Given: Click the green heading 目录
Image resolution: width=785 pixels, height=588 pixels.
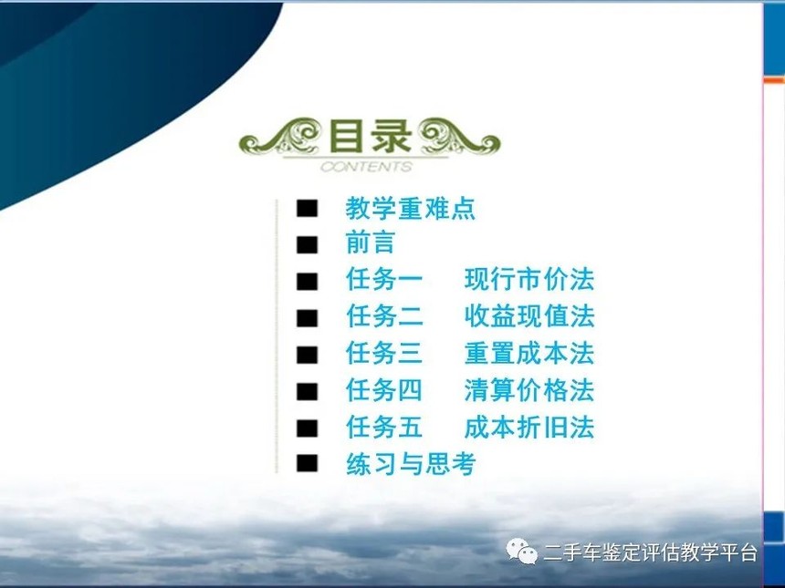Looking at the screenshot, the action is [x=370, y=136].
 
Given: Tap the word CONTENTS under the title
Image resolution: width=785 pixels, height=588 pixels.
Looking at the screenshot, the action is [x=366, y=167].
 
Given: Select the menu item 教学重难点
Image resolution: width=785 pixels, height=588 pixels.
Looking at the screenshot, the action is [x=410, y=208].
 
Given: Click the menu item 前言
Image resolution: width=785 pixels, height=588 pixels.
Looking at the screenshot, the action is [x=371, y=243].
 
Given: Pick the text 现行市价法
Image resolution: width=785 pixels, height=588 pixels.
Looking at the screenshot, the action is [x=529, y=279].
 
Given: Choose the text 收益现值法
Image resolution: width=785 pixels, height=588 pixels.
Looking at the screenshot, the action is [x=529, y=316].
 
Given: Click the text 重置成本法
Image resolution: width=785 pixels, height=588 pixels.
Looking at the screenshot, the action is [x=529, y=353].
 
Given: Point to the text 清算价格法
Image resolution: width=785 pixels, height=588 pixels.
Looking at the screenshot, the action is [x=529, y=390].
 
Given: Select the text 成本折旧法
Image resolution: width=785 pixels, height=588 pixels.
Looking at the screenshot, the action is [x=529, y=427].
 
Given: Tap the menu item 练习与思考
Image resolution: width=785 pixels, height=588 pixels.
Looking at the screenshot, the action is [x=411, y=464].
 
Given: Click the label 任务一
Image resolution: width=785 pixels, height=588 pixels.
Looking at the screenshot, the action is [x=384, y=279].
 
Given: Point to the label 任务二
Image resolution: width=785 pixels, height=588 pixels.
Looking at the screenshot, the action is [x=384, y=316].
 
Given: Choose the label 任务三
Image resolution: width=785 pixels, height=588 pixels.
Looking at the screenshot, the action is [x=384, y=353].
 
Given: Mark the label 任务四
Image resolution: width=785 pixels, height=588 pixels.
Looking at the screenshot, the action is [x=384, y=390].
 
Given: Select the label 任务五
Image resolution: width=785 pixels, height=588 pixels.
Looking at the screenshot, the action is [x=384, y=427].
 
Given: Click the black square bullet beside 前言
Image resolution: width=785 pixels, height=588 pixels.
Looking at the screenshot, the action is [x=307, y=244].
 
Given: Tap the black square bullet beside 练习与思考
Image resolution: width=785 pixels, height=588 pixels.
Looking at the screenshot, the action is [x=307, y=463].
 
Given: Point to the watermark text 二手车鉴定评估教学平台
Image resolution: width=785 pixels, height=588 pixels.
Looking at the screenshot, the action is [x=650, y=553].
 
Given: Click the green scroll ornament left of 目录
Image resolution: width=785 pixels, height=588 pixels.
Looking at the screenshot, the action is [x=279, y=136].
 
